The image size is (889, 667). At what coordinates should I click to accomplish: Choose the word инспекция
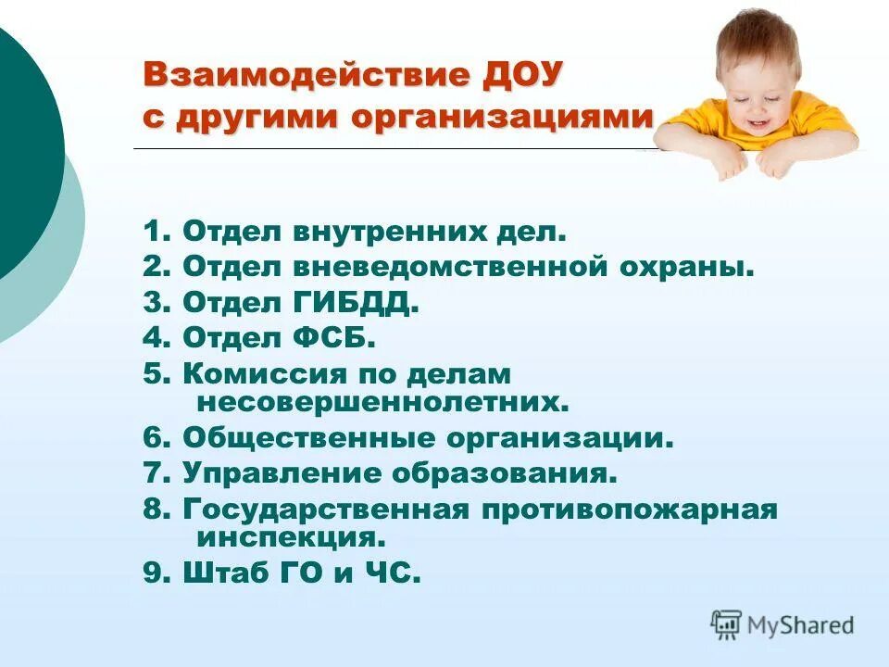coord(290,538)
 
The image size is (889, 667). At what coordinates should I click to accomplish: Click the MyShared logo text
coord(801,625)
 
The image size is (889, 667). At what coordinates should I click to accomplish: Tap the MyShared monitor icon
coord(726,623)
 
